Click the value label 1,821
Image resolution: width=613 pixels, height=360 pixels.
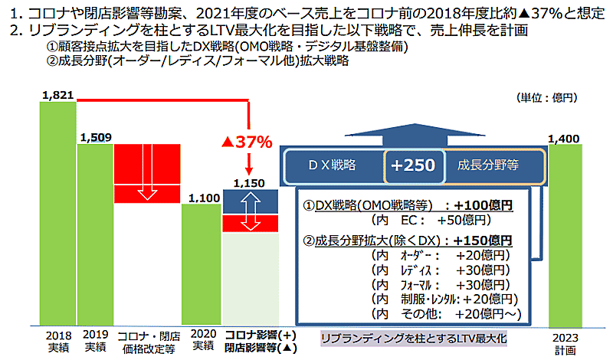[x=57, y=95]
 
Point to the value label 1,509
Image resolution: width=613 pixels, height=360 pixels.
[x=96, y=138]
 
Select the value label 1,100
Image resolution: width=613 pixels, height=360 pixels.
[x=203, y=198]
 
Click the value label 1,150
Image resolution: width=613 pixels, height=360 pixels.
[x=250, y=184]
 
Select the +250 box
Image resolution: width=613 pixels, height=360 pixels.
[x=412, y=165]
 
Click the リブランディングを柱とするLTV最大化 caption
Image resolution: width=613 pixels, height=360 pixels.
[x=414, y=337]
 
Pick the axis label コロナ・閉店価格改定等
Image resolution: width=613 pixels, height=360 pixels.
[x=148, y=342]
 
